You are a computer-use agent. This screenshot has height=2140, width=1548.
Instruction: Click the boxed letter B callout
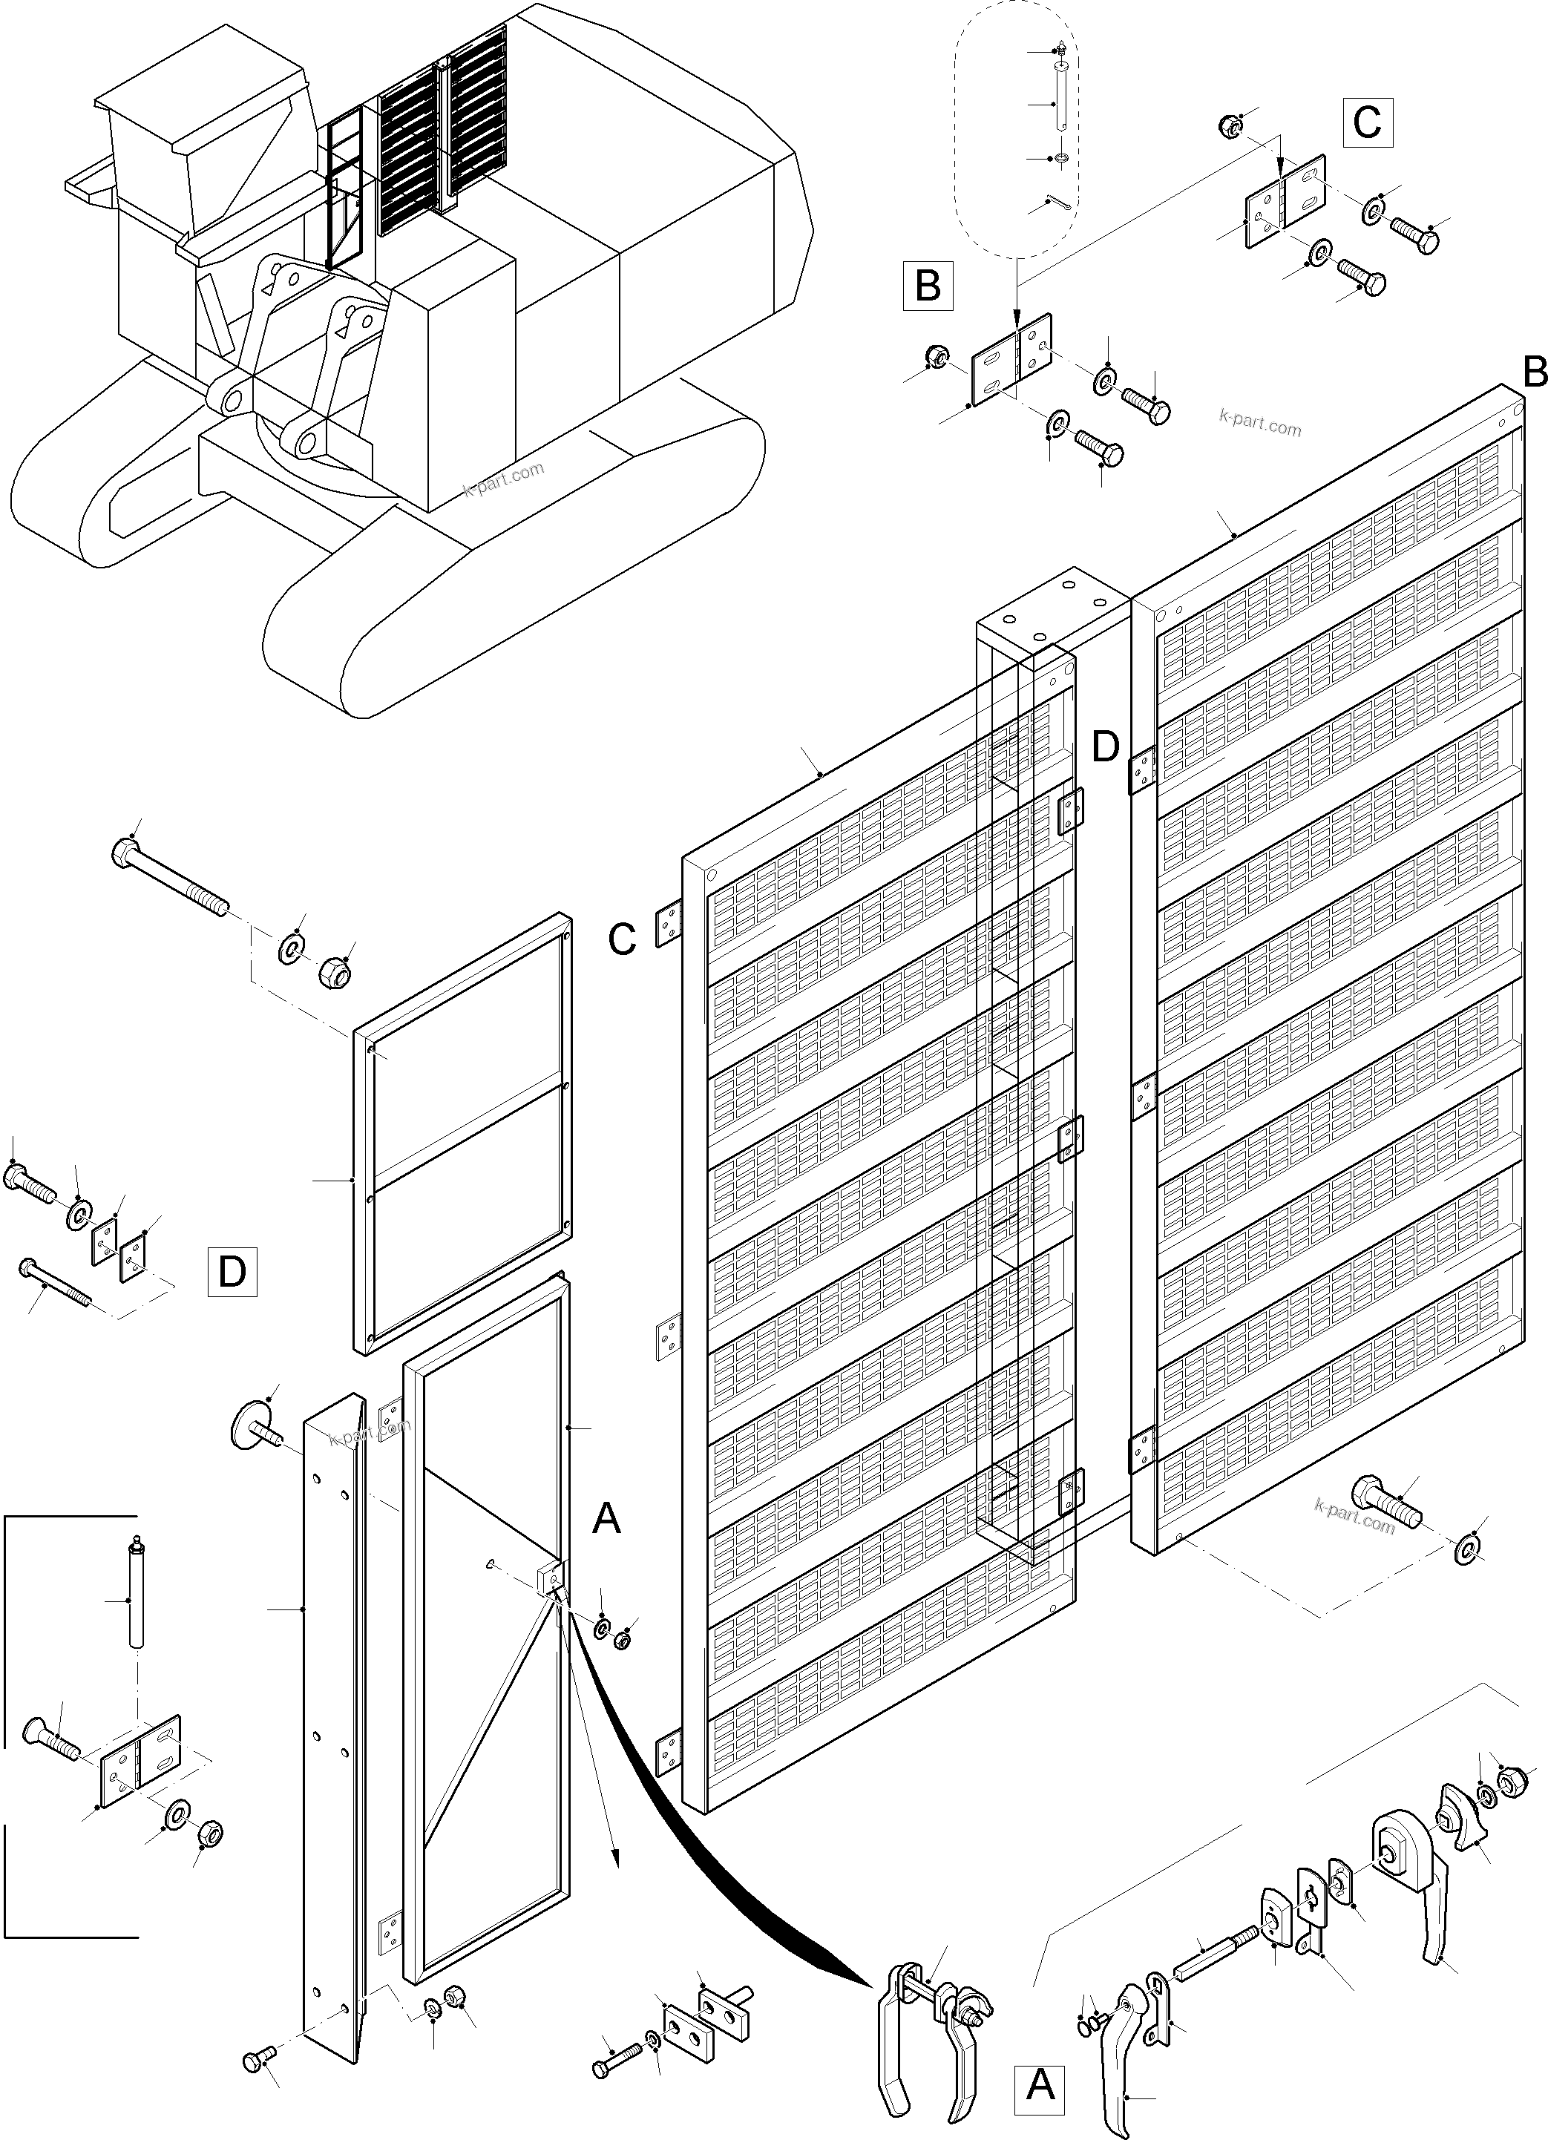(927, 285)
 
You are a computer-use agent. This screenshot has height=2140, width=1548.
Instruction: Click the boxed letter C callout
(1367, 122)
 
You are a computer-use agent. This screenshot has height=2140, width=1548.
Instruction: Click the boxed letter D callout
(232, 1272)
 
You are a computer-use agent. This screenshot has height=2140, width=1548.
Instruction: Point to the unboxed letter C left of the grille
(622, 941)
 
